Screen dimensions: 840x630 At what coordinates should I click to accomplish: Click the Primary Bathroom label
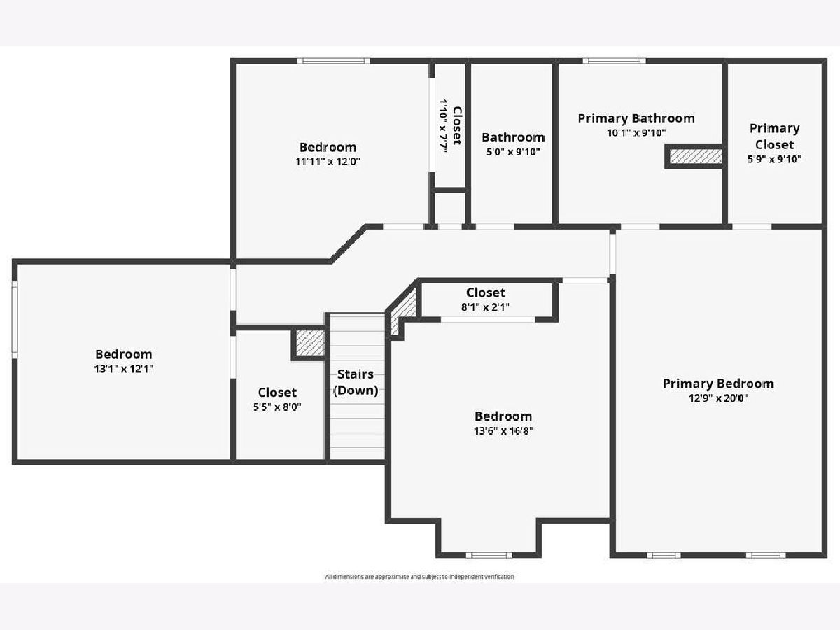coord(636,118)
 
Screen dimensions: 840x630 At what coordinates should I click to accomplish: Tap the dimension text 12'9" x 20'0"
coord(718,398)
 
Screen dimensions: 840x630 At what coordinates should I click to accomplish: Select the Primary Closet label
coord(775,136)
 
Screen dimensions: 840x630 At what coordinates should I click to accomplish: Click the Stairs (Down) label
coord(356,382)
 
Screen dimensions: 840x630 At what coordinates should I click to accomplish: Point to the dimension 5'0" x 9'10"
coord(513,152)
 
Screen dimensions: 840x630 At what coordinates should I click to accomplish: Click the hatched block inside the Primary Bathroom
coord(696,156)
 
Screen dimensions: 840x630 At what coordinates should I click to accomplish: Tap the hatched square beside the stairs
coord(310,343)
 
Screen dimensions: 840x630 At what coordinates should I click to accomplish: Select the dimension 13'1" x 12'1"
coord(124,369)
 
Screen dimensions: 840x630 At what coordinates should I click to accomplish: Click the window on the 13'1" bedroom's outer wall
coord(15,320)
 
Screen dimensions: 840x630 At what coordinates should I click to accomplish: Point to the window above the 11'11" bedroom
coord(334,61)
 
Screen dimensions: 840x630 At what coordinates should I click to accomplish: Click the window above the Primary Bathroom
coord(614,61)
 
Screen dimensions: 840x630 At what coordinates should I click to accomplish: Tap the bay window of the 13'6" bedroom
coord(489,555)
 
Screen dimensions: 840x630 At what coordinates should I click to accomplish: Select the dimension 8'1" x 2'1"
coord(485,307)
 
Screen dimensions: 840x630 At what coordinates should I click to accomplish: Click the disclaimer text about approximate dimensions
coord(419,577)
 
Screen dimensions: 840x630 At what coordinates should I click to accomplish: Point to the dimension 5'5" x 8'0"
coord(277,407)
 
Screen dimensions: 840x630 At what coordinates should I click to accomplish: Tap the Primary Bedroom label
coord(718,384)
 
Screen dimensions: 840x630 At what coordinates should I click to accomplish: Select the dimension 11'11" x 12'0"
coord(328,162)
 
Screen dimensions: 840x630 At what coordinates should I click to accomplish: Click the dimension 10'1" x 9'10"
coord(636,133)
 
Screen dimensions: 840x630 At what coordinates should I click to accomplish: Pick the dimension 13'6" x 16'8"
coord(503,431)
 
